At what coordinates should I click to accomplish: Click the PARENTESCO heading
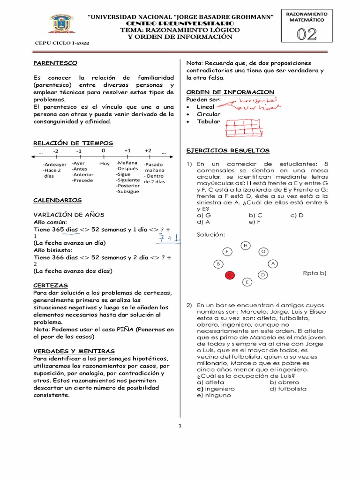55,63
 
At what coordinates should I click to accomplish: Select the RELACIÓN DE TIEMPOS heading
73,143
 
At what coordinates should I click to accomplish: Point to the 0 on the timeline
103,150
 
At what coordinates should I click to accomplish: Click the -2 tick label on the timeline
55,151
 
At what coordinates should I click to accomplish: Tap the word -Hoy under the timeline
104,164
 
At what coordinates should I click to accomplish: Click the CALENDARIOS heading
57,200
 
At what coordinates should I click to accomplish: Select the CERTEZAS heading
51,285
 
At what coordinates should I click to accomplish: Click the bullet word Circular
208,114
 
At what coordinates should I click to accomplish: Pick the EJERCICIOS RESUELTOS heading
228,150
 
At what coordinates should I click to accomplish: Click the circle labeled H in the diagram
246,245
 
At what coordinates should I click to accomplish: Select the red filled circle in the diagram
230,276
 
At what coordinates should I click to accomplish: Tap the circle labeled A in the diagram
273,264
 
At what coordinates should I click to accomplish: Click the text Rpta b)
314,273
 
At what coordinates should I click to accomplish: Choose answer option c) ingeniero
209,389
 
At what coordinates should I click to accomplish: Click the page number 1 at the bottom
180,426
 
